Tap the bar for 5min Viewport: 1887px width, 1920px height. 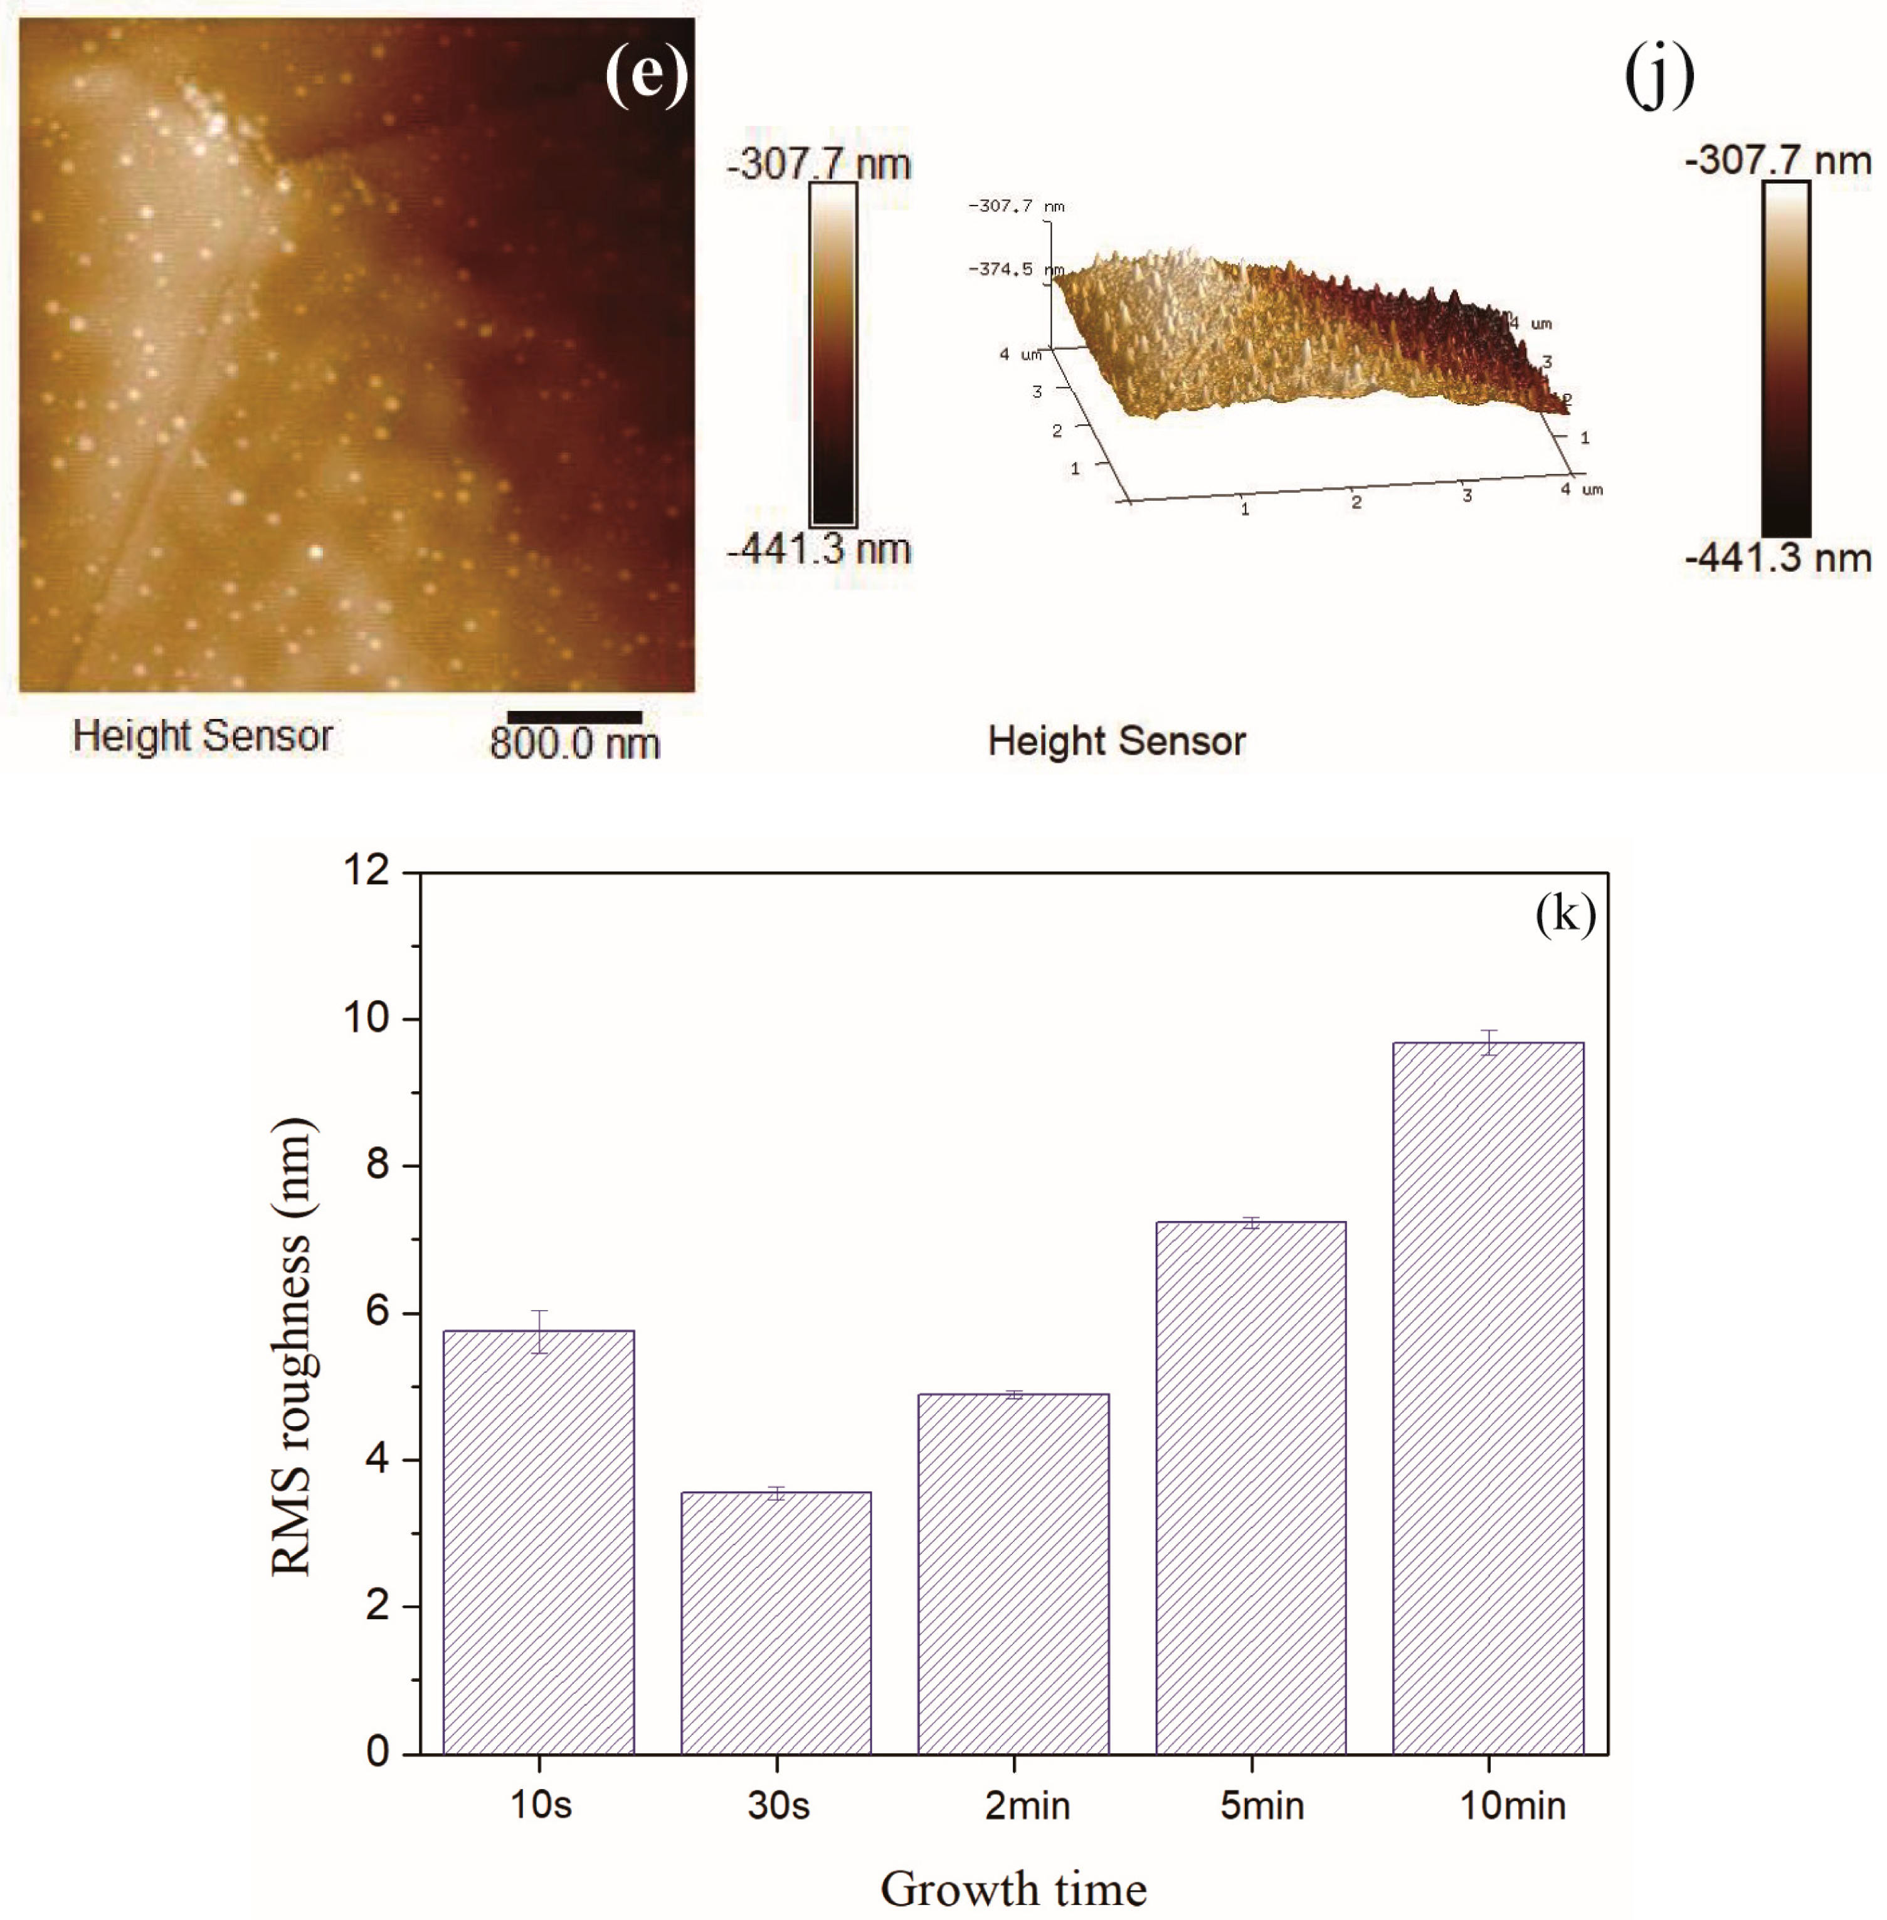[x=1250, y=1486]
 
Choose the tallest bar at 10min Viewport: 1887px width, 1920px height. [x=1488, y=1397]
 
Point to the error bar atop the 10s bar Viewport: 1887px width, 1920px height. [x=538, y=1331]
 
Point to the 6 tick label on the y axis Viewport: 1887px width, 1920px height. [x=378, y=1312]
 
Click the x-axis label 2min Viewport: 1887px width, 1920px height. [x=1027, y=1805]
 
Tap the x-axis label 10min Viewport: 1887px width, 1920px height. [x=1513, y=1805]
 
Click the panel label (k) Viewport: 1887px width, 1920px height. [x=1565, y=913]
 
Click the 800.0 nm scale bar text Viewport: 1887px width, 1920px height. [x=575, y=743]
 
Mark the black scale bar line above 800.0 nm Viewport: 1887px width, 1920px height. [x=575, y=717]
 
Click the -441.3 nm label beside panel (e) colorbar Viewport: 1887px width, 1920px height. [x=818, y=549]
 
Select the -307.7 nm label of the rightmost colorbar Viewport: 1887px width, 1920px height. [x=1778, y=159]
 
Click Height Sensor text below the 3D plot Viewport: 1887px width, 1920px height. [x=1116, y=741]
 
